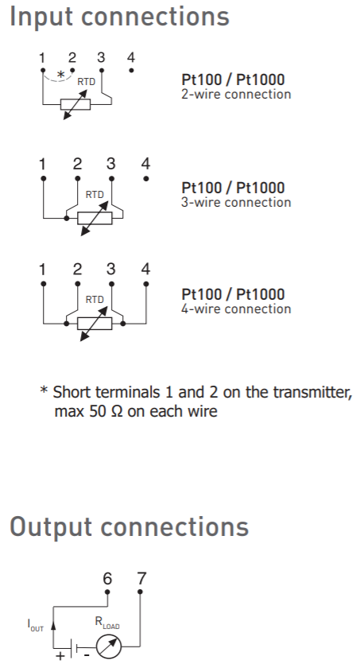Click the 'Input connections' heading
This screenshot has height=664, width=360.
[119, 17]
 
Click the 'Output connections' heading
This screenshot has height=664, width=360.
[129, 527]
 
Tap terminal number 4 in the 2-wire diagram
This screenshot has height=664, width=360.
[131, 57]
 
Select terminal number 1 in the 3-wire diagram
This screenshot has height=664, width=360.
[43, 164]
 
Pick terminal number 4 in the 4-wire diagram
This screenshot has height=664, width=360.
[145, 269]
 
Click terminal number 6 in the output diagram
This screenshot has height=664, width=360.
[107, 578]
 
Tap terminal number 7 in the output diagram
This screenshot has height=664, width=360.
[141, 578]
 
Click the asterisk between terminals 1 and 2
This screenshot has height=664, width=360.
[60, 75]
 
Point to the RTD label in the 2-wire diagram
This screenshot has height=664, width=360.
[87, 82]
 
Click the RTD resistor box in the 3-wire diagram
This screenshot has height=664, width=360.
[95, 219]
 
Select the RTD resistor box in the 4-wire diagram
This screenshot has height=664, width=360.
[95, 324]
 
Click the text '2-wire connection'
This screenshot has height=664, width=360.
[236, 94]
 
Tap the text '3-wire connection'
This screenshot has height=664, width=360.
[236, 202]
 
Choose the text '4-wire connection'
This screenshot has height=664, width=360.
[236, 309]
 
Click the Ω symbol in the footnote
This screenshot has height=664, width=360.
[117, 412]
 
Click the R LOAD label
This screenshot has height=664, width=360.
[106, 623]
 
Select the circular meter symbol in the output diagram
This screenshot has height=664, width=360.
[109, 647]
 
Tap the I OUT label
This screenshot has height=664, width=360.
[35, 625]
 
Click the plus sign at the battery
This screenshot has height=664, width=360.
[60, 656]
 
